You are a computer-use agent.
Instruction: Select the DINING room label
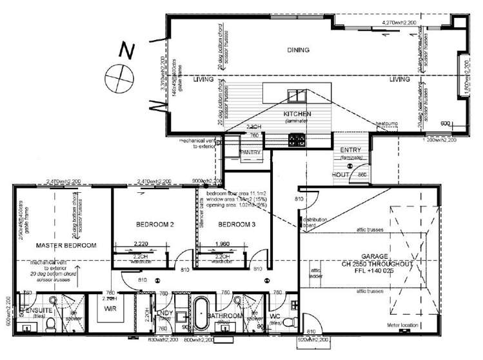[x=298, y=50]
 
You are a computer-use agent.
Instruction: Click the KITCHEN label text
[x=297, y=114]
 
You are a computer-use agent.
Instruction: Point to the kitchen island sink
[x=295, y=95]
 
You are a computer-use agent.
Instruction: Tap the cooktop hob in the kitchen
[x=297, y=138]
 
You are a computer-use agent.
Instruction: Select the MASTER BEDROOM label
[x=66, y=245]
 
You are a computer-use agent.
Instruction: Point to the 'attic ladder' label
[x=316, y=274]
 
